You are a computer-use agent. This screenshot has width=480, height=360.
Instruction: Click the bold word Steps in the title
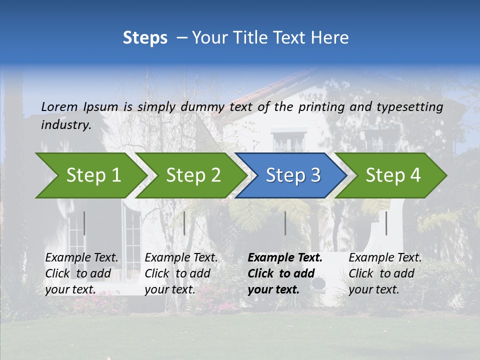pyautogui.click(x=145, y=37)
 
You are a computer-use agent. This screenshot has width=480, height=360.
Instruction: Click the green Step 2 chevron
pyautogui.click(x=192, y=175)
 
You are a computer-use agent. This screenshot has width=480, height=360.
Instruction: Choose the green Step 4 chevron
pyautogui.click(x=392, y=175)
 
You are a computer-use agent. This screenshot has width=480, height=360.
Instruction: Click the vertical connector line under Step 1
pyautogui.click(x=84, y=223)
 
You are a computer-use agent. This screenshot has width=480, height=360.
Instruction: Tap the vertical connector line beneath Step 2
pyautogui.click(x=184, y=223)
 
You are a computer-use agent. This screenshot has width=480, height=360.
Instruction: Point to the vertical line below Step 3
pyautogui.click(x=285, y=223)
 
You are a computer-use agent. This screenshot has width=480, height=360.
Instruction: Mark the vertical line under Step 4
pyautogui.click(x=386, y=223)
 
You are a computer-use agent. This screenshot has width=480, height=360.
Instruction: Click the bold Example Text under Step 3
pyautogui.click(x=284, y=258)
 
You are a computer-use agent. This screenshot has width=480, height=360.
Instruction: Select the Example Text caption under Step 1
pyautogui.click(x=82, y=258)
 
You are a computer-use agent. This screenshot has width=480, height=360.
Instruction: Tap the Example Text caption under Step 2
pyautogui.click(x=181, y=258)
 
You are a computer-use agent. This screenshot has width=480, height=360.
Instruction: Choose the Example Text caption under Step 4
pyautogui.click(x=385, y=258)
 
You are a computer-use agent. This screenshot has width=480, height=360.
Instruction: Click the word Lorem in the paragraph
pyautogui.click(x=59, y=107)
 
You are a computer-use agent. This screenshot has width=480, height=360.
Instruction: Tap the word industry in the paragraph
pyautogui.click(x=65, y=125)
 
